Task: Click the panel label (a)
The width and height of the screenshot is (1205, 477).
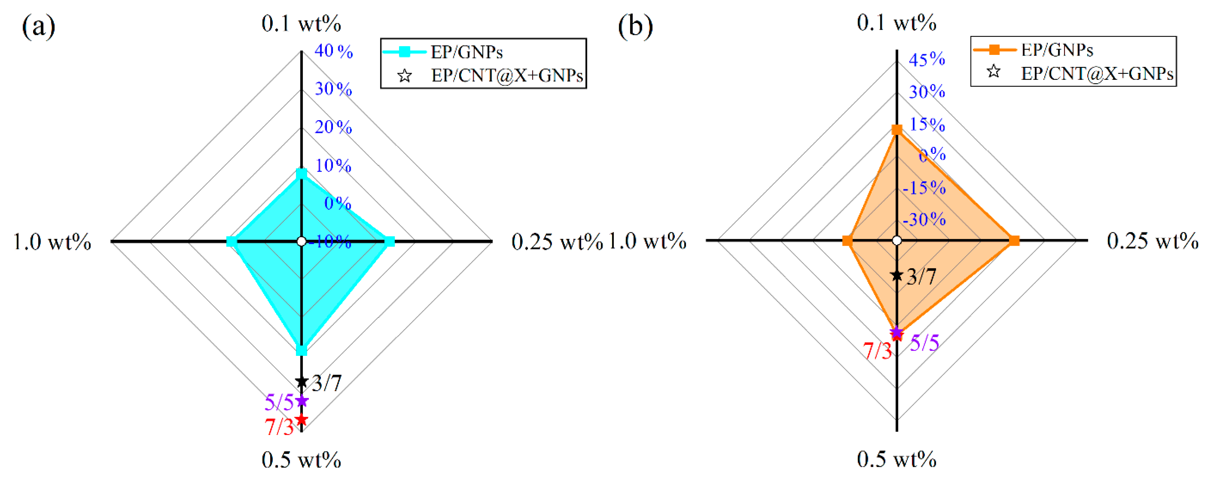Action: click(x=38, y=27)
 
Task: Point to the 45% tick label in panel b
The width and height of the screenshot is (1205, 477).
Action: click(x=927, y=59)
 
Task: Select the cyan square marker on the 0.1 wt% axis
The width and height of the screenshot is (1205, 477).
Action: click(x=302, y=174)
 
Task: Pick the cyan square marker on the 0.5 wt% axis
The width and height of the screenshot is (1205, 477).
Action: click(x=302, y=350)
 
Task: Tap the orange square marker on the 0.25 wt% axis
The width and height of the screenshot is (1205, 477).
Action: click(x=1014, y=241)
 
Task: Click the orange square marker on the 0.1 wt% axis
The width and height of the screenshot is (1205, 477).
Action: click(x=897, y=130)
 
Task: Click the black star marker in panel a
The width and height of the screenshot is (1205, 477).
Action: click(x=302, y=381)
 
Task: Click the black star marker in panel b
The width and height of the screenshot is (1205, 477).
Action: click(x=897, y=276)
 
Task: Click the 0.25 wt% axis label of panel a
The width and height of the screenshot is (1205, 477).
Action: click(x=557, y=242)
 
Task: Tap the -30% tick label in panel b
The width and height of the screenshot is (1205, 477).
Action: click(x=924, y=219)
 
